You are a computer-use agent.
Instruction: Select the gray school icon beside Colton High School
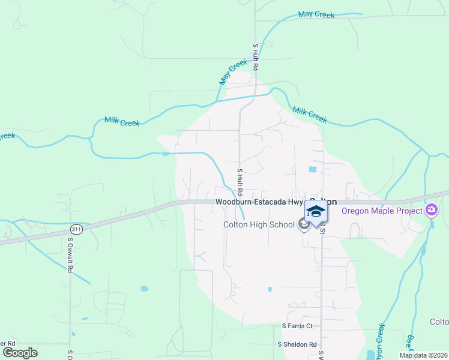click(304, 224)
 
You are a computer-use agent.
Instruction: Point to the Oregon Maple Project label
click(381, 211)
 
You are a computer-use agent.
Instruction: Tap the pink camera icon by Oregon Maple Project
click(431, 211)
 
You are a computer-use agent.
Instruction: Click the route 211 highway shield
click(76, 229)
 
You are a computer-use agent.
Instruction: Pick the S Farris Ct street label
click(298, 326)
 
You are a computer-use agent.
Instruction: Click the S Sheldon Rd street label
click(297, 344)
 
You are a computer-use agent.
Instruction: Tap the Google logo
click(20, 352)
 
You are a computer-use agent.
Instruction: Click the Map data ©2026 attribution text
click(423, 355)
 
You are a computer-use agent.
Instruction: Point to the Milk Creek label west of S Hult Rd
click(122, 121)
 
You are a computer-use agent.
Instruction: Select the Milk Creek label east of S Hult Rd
click(310, 115)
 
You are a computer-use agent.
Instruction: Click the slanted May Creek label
click(234, 71)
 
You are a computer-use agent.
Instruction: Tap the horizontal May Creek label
click(316, 14)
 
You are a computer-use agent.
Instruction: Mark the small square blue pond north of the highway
click(312, 169)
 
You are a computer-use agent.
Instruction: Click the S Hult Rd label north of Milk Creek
click(255, 57)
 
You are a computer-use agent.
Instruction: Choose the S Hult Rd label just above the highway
click(239, 182)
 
